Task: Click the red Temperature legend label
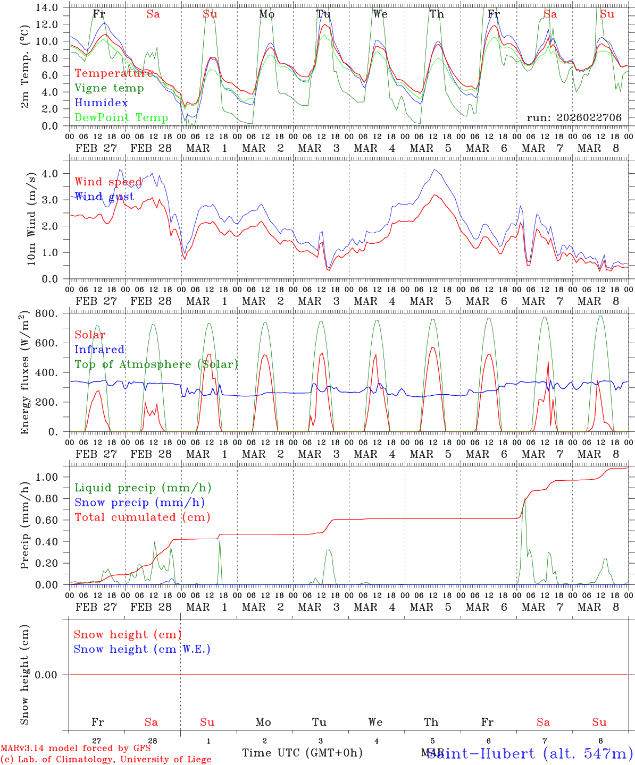(114, 73)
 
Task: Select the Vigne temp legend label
(109, 88)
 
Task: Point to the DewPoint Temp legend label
(121, 117)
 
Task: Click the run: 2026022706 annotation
(574, 117)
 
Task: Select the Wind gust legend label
(104, 197)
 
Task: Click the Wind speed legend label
(108, 182)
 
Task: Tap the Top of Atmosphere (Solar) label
(156, 364)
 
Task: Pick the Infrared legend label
(99, 350)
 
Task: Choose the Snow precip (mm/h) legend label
(139, 503)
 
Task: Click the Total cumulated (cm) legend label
(142, 517)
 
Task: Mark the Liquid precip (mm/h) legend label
(143, 488)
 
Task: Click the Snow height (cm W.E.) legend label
(142, 649)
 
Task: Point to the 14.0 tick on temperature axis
(49, 7)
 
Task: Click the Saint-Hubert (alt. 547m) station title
(530, 753)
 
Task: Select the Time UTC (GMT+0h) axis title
(302, 753)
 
